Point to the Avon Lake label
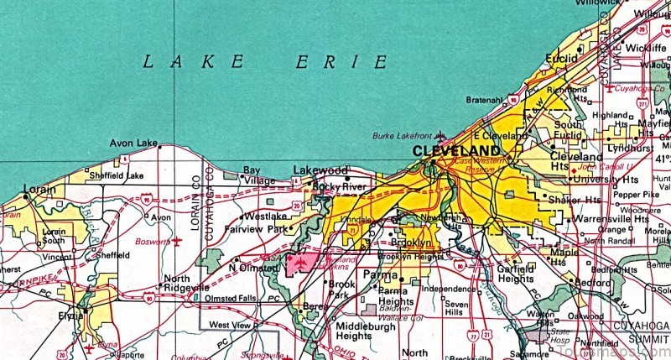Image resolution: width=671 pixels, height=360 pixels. click(x=130, y=143)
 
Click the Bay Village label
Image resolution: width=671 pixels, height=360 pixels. click(x=252, y=175)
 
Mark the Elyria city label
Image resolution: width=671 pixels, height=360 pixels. click(x=72, y=315)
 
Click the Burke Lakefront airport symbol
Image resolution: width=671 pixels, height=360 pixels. click(x=440, y=135)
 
